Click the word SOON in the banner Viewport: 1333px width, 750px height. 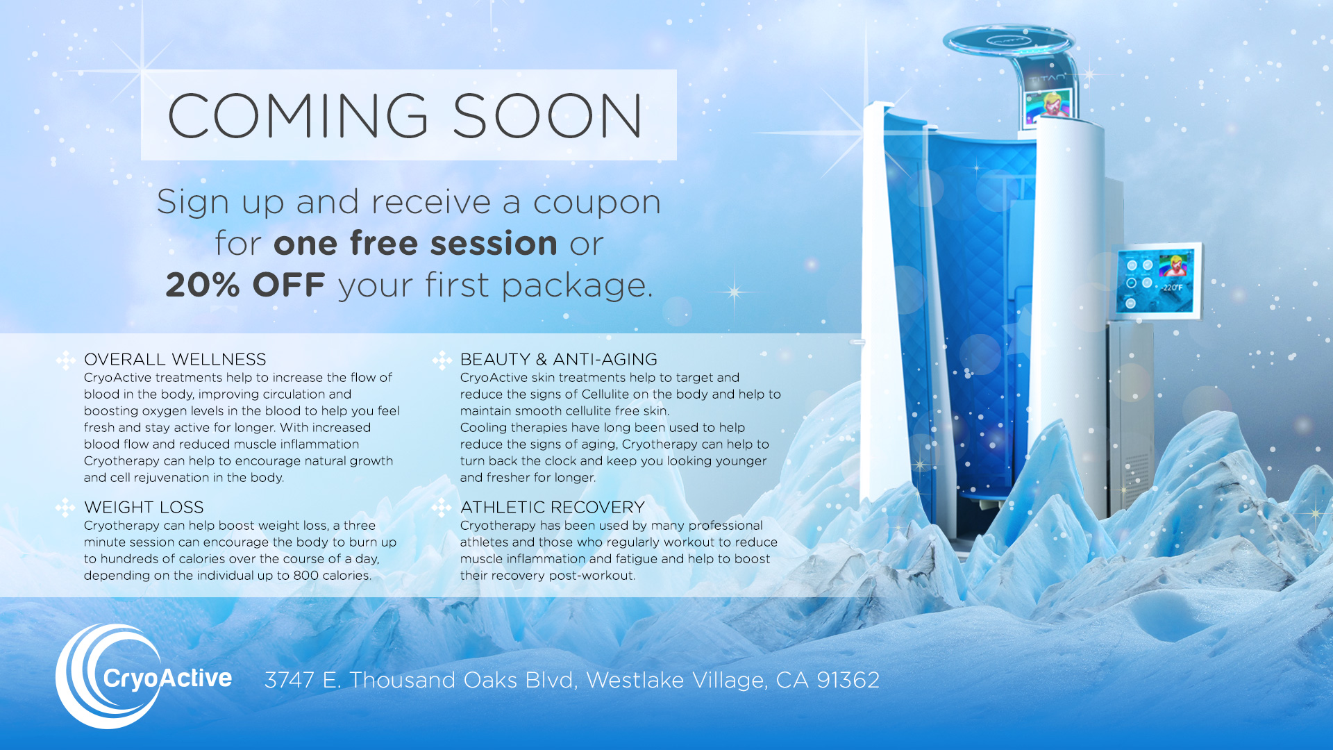coord(548,115)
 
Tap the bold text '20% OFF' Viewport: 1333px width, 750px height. coord(245,285)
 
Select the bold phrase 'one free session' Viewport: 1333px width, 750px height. coord(415,243)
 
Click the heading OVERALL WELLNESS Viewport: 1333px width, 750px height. coord(175,359)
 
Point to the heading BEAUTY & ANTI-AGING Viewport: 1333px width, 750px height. coord(559,359)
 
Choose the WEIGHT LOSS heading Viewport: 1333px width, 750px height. coord(144,507)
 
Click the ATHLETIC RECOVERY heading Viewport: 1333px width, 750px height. coord(553,507)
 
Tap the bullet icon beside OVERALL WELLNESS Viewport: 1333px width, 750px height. coord(65,360)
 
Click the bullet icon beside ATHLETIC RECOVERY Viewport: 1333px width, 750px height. coord(442,508)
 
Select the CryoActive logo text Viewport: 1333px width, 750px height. coord(167,678)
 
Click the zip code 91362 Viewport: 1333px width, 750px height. coord(848,680)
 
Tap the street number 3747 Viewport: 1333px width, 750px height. coord(290,680)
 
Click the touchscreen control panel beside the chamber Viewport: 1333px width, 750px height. coord(1158,281)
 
